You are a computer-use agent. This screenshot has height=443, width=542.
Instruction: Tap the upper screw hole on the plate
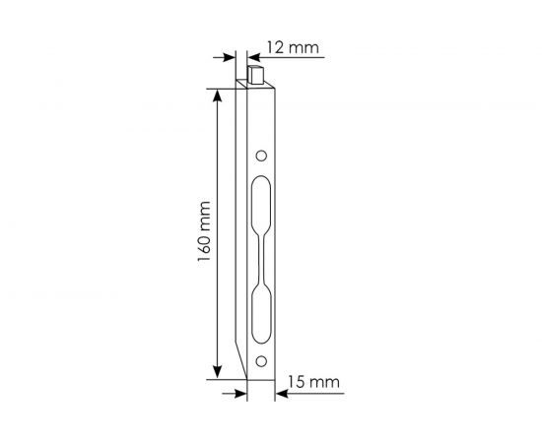click(x=261, y=156)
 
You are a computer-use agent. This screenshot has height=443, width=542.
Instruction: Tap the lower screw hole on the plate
click(x=261, y=361)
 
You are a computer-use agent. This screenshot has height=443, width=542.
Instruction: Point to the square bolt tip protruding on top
click(x=258, y=74)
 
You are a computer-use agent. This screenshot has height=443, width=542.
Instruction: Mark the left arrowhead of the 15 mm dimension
click(x=241, y=391)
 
